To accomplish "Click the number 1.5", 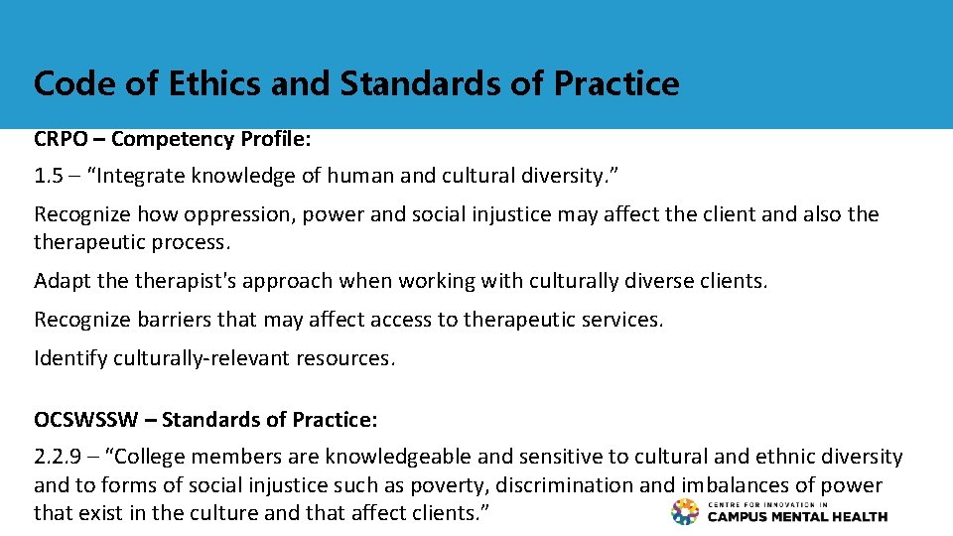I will [x=48, y=177].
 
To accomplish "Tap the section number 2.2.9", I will [x=59, y=457].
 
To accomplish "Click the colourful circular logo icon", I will [x=685, y=512].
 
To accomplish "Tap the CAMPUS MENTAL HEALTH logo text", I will [x=798, y=516].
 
